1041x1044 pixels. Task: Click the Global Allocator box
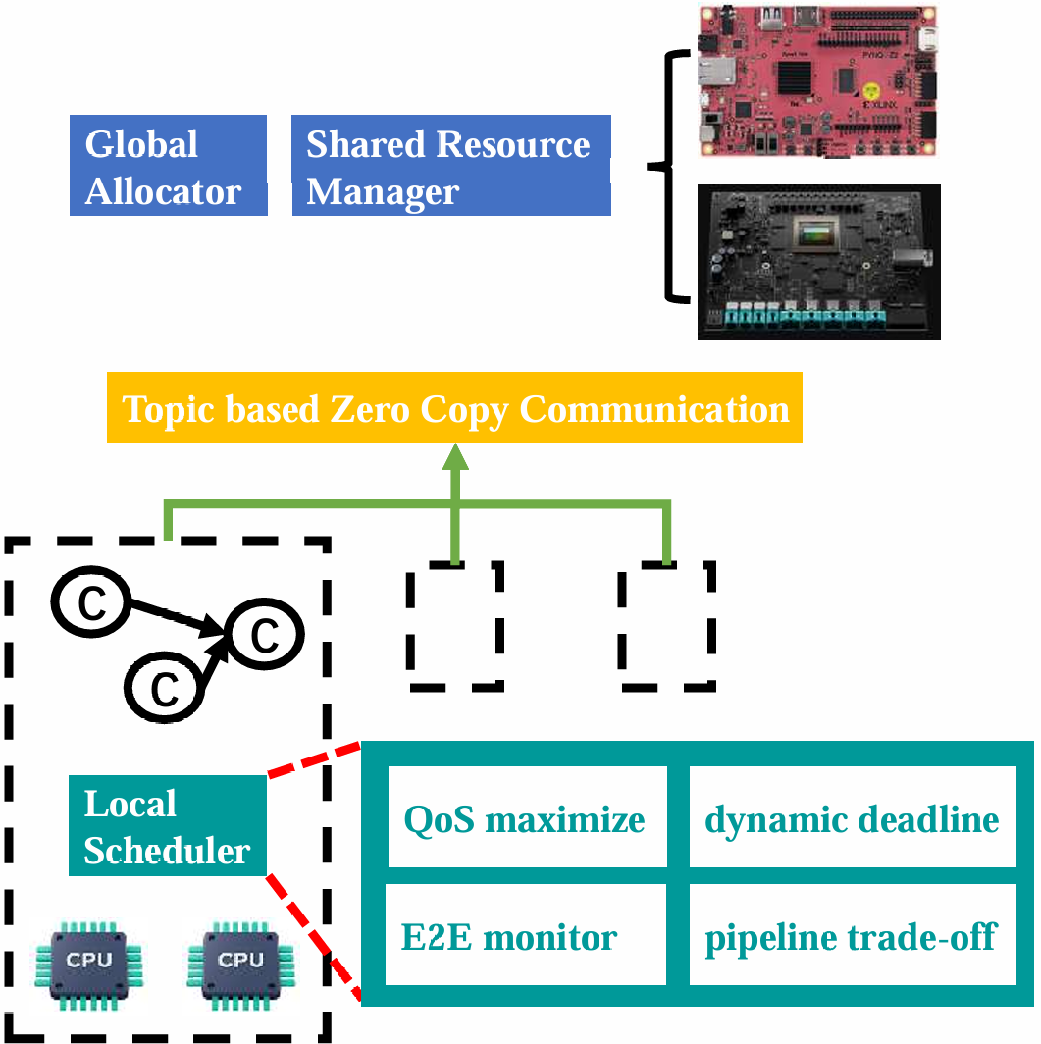[x=168, y=166]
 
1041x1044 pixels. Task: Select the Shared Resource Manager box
[x=451, y=166]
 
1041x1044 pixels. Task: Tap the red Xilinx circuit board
[x=817, y=81]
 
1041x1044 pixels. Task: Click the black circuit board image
[x=818, y=262]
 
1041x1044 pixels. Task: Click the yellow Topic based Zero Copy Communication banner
[x=454, y=407]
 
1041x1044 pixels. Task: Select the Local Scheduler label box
[x=168, y=826]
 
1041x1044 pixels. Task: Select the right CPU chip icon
[x=241, y=958]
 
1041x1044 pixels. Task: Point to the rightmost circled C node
[x=264, y=636]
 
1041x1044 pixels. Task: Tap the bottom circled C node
[x=165, y=688]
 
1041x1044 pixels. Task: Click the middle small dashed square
[x=454, y=625]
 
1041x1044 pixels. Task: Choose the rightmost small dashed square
[x=666, y=625]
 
